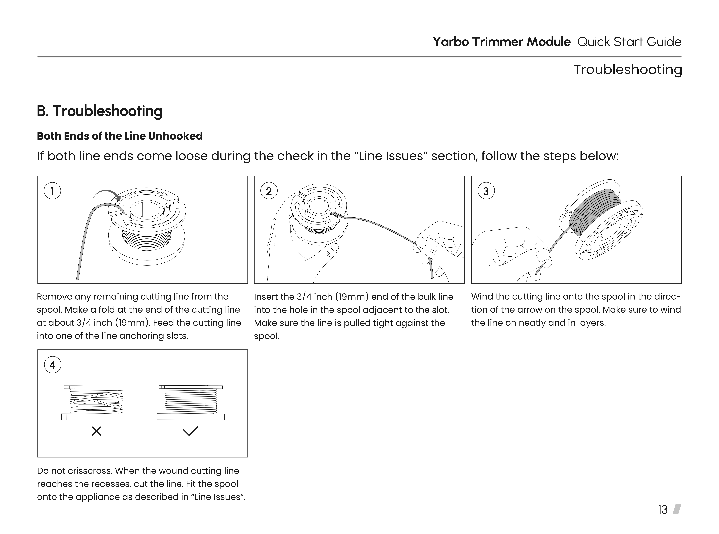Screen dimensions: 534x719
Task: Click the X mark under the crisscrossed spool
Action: tap(96, 431)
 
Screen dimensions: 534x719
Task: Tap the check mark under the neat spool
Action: tap(191, 431)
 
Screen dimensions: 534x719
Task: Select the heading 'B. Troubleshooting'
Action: tap(99, 111)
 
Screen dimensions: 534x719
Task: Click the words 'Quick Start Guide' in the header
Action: tap(629, 42)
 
